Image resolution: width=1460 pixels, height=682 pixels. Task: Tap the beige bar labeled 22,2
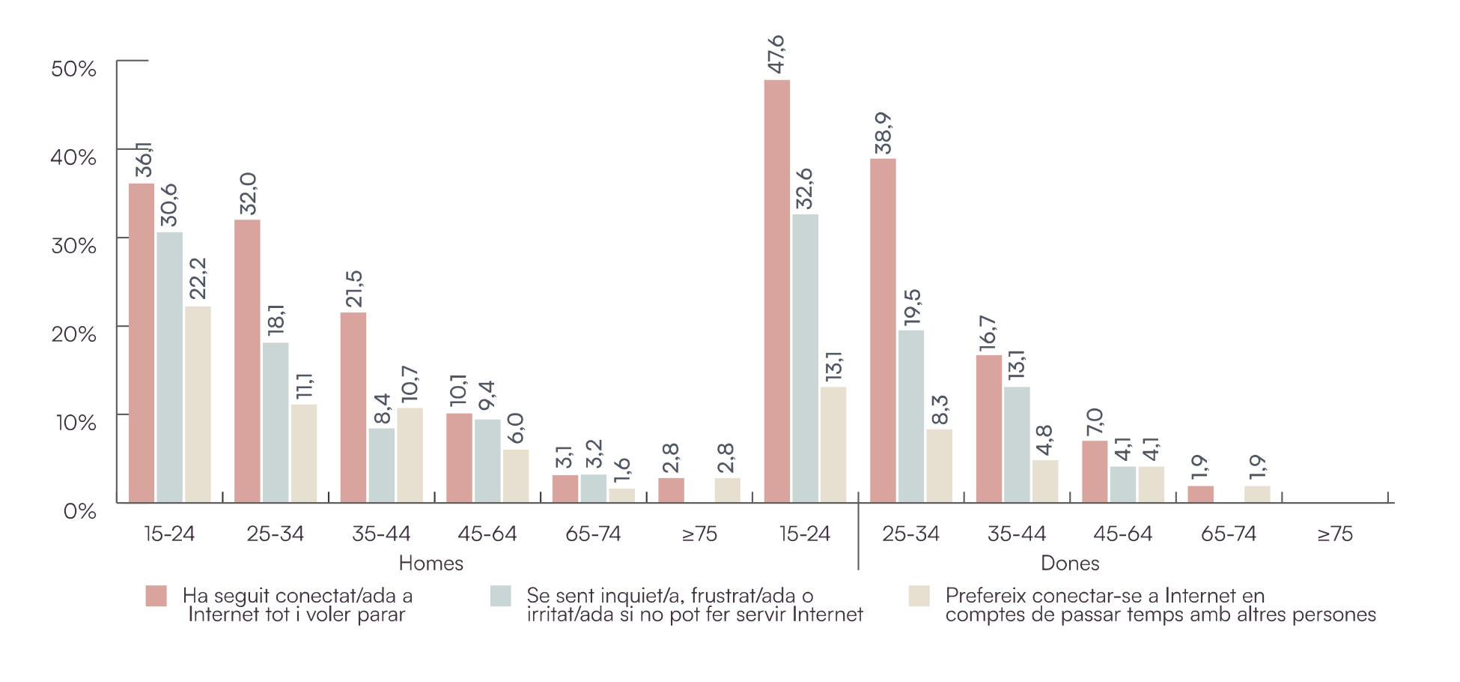pos(198,404)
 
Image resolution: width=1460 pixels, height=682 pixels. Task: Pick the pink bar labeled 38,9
pos(883,330)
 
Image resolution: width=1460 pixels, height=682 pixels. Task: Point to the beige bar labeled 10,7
pos(410,455)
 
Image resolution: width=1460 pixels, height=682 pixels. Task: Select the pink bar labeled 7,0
pos(1094,471)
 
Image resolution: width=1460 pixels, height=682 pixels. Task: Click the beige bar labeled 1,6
pos(621,495)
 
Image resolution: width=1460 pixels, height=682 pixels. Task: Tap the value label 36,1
pos(142,160)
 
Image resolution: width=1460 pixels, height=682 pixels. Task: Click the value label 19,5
pos(911,307)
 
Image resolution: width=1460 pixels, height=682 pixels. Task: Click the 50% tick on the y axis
pos(73,69)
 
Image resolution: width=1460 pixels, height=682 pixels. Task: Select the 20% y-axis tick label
pos(73,334)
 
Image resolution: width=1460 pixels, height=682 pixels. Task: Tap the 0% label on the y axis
pos(79,511)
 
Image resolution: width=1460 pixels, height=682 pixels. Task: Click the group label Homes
pos(431,563)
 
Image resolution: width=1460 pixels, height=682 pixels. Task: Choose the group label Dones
pos(1070,563)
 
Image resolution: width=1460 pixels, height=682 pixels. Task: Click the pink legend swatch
pos(156,596)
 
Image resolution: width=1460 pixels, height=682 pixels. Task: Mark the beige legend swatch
pos(919,596)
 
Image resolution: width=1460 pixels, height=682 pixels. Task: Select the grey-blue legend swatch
pos(500,596)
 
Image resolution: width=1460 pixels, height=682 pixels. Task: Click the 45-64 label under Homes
pos(487,534)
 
